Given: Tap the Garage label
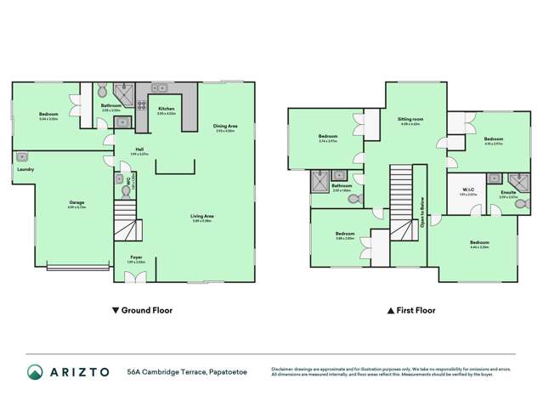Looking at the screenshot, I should click(x=76, y=202).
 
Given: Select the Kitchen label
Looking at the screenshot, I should click(x=166, y=110).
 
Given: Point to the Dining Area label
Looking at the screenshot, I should click(x=225, y=127).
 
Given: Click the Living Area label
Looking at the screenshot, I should click(x=201, y=216).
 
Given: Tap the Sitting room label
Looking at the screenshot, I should click(x=411, y=121).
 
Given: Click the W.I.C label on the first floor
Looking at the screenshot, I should click(x=467, y=190).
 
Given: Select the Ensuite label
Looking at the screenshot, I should click(x=508, y=193).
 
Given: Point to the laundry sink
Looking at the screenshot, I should click(x=23, y=156).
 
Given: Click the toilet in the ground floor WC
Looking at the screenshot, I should click(x=120, y=179).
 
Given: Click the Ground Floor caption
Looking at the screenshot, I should click(x=142, y=311).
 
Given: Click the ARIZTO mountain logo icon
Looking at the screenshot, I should click(x=34, y=371).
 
